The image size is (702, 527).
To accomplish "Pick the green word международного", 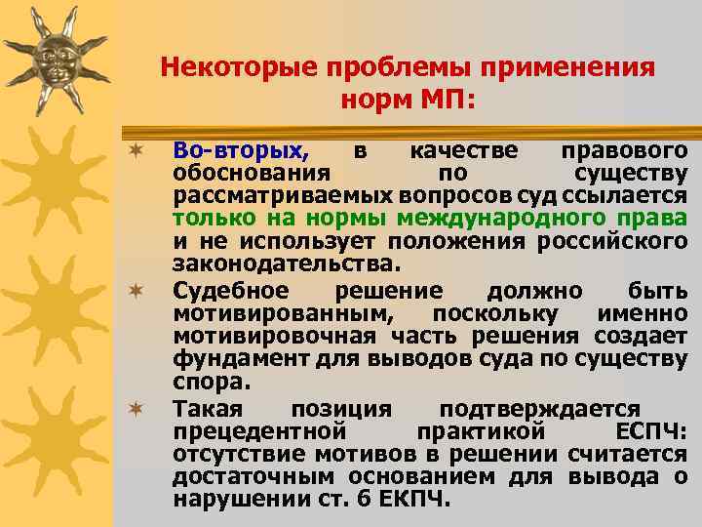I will pos(530,219).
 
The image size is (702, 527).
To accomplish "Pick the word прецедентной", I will pos(259,430).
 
